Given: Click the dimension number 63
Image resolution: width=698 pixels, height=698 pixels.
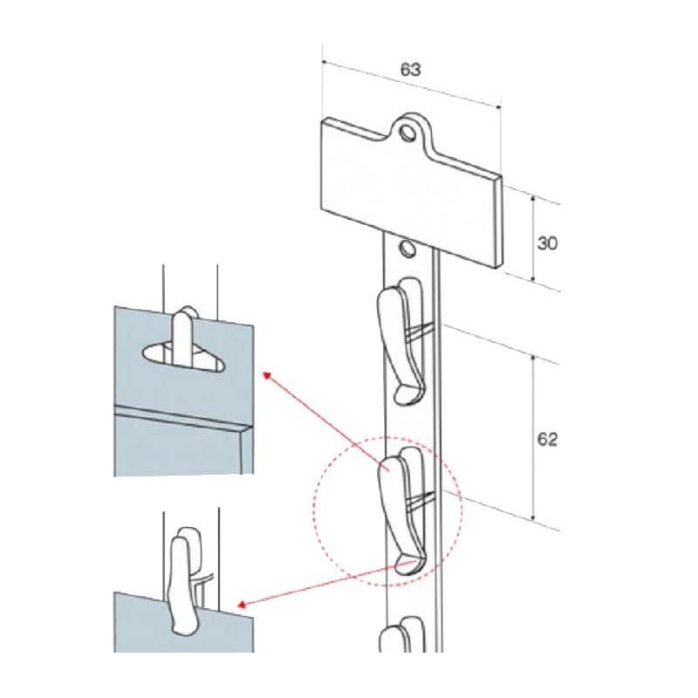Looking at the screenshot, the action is pos(410,70).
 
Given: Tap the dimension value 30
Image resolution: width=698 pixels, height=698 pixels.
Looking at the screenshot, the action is pos(547,243).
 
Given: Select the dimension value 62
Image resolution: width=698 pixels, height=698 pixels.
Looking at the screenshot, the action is pos(547,440).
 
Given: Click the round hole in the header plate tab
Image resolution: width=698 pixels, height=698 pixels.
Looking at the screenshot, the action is pos(407,133).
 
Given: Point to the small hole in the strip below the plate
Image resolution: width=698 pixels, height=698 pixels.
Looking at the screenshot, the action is pos(407,248).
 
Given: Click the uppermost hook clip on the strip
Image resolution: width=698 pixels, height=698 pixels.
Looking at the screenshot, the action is pos(402,340).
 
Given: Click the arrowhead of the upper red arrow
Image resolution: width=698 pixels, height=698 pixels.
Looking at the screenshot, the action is pos(268,376).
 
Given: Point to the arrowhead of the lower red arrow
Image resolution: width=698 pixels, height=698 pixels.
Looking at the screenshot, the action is pos(243,604).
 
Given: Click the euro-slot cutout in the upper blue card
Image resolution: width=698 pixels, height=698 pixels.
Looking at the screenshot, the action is pos(183,357).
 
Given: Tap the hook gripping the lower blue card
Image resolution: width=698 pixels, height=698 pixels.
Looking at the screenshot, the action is pos(183,580).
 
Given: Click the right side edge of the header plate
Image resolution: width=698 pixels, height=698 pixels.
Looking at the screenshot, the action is pos(498,222).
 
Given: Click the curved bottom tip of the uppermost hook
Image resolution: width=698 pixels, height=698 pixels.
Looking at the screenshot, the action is pos(407,395).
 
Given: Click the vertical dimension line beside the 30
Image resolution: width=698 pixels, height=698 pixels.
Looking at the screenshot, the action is pos(533,238).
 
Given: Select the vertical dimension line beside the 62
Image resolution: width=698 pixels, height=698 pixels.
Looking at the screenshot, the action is pos(533,438).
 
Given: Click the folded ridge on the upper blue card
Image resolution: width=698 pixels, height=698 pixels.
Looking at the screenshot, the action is pos(183,418).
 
